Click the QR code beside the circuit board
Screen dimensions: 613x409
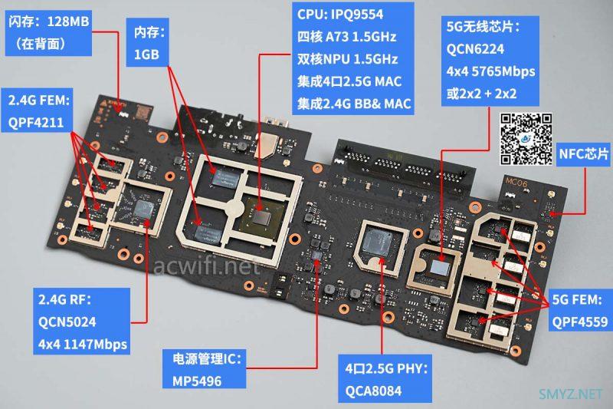tap(526, 139)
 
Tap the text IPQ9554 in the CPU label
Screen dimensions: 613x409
tap(356, 15)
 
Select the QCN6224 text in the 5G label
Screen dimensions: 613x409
tap(475, 49)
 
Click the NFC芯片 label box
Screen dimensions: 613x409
tap(584, 153)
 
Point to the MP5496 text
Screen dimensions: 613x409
tap(197, 381)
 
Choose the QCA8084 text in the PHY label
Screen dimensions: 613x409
tap(373, 391)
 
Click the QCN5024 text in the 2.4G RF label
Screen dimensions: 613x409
tap(67, 322)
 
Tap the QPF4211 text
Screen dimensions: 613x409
tap(36, 123)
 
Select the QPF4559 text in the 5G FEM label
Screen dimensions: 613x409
tap(580, 322)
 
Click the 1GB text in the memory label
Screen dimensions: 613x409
tap(146, 54)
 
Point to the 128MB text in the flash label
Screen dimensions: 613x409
tap(68, 21)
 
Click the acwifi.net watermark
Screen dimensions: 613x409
tap(207, 266)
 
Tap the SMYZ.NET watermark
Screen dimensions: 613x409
tap(570, 394)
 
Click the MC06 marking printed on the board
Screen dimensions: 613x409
tap(516, 182)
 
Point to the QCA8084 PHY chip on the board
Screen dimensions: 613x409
tap(376, 242)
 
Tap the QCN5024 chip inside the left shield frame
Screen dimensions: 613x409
tap(143, 209)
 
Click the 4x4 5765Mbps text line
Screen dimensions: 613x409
tap(490, 71)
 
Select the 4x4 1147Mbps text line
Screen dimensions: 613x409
tap(83, 345)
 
